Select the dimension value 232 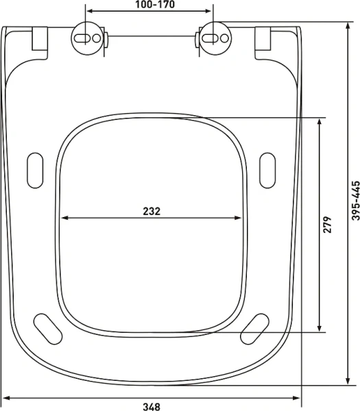[152, 212]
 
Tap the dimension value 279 [328, 225]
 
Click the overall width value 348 [152, 406]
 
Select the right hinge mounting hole [214, 38]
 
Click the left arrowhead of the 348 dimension [5, 397]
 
